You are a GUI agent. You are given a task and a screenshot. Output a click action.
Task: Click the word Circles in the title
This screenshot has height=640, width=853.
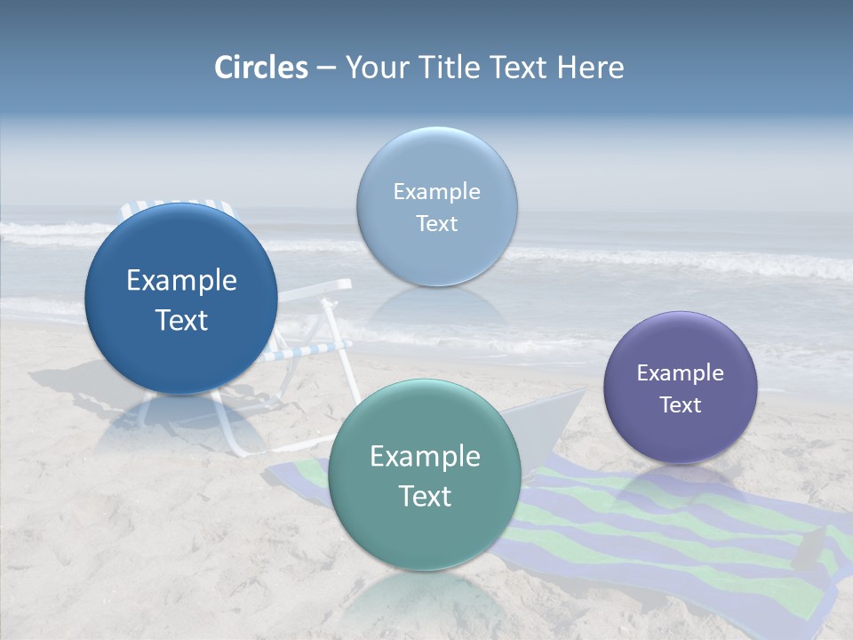pos(261,68)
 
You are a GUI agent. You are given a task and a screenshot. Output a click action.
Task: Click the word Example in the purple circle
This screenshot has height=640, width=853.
pos(681,373)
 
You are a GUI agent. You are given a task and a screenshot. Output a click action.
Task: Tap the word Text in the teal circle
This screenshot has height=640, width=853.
pos(425,496)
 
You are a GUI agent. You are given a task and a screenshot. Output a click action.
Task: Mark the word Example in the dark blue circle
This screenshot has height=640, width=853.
pos(181,281)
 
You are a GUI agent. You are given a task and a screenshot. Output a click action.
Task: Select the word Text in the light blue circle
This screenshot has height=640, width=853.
pos(437,223)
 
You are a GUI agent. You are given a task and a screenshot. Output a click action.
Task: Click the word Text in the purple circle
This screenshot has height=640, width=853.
pos(681,405)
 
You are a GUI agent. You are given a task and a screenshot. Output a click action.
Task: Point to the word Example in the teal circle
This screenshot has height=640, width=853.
pos(425,457)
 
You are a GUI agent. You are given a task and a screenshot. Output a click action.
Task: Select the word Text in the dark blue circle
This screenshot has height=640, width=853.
pos(181,320)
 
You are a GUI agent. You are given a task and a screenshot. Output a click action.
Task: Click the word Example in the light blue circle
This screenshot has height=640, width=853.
pos(437,192)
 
